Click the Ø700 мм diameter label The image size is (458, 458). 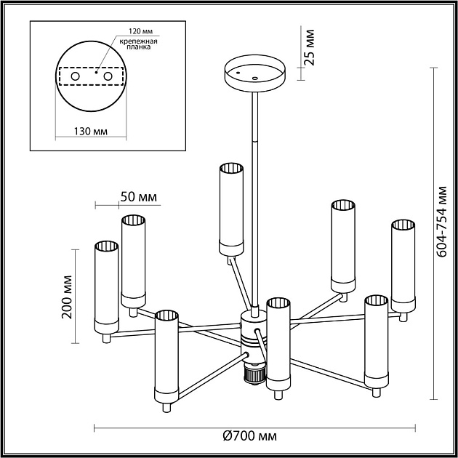(x=250, y=435)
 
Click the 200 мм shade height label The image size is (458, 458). (x=68, y=298)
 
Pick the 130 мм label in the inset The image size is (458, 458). (x=91, y=131)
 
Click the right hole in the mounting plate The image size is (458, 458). (x=108, y=76)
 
